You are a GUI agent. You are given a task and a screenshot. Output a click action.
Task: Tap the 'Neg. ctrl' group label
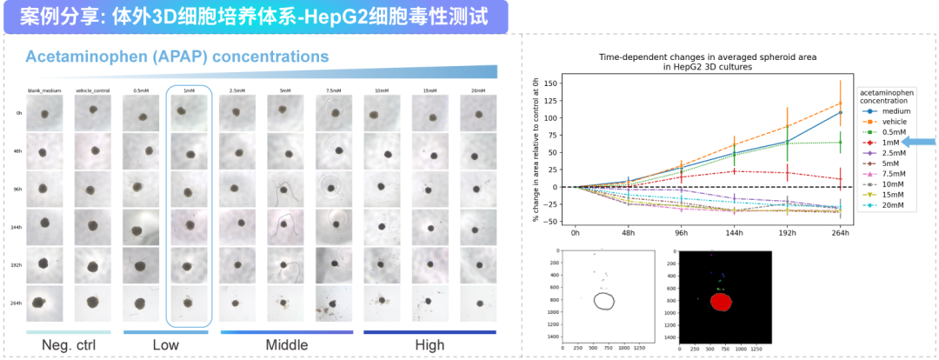[69, 346]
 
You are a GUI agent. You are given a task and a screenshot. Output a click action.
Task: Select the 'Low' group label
[165, 346]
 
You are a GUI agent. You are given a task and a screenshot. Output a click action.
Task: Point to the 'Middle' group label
[287, 346]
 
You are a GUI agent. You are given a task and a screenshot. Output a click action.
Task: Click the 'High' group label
[430, 346]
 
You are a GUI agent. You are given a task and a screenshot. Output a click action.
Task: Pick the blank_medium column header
[40, 90]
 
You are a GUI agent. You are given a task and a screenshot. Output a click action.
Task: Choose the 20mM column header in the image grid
[476, 90]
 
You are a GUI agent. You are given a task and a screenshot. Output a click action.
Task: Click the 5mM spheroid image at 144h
[284, 227]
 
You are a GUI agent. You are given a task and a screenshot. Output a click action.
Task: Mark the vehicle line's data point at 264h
[840, 103]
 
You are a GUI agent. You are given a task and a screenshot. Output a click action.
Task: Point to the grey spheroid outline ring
[604, 301]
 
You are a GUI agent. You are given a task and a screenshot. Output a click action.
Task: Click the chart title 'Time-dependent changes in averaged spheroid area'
[708, 57]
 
